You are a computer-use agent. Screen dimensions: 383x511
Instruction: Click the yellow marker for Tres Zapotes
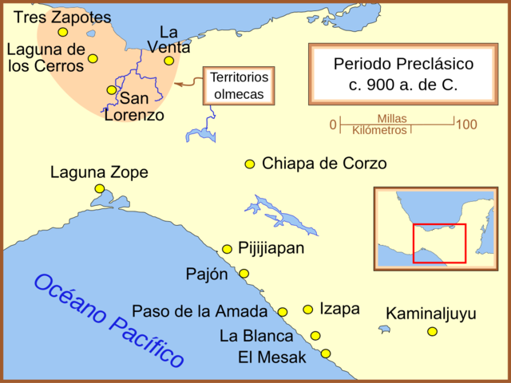(62, 32)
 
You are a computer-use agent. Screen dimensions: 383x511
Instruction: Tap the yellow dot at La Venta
(168, 61)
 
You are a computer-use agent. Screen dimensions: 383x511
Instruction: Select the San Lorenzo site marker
(111, 90)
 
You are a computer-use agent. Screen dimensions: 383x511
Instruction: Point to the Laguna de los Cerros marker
(93, 58)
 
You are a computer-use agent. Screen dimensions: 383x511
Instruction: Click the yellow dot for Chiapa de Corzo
(250, 164)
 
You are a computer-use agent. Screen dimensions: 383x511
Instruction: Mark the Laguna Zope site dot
(99, 188)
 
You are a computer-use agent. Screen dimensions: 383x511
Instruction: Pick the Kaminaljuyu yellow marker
(432, 331)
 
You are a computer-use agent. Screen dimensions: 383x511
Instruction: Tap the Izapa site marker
(307, 309)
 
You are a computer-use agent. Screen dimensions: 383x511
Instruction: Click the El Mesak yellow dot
(326, 353)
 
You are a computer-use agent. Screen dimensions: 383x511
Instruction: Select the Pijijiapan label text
(271, 248)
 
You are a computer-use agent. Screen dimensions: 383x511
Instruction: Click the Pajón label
(207, 274)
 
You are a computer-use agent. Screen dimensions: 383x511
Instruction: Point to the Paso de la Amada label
(203, 311)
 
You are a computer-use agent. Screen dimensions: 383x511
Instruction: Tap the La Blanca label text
(256, 336)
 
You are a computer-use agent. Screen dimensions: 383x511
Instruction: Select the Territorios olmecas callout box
(239, 85)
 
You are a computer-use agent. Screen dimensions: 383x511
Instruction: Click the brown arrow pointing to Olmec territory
(188, 82)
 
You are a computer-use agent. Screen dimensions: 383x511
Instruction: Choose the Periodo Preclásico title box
(403, 74)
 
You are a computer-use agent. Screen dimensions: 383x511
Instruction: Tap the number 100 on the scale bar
(467, 124)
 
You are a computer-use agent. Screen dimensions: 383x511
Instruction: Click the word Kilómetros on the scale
(379, 130)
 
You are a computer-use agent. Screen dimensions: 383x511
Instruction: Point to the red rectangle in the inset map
(439, 243)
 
